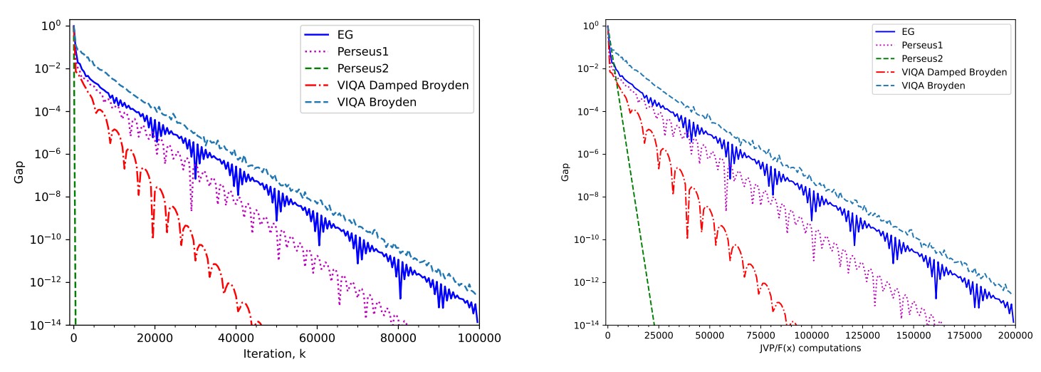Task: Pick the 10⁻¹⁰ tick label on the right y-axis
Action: (589, 239)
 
